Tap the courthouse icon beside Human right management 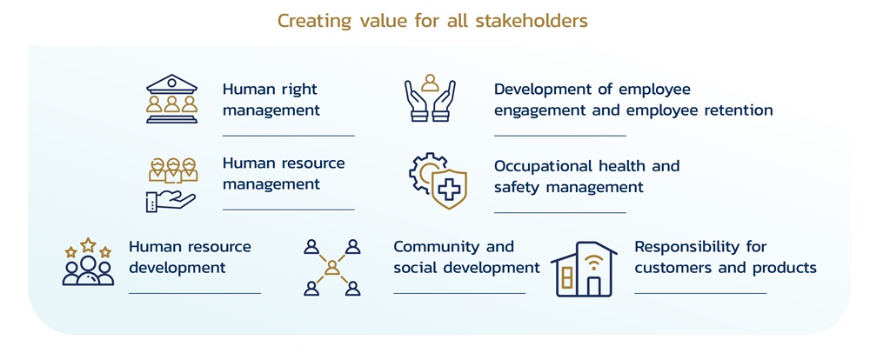click(171, 100)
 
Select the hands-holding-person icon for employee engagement click(430, 99)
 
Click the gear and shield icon click(438, 181)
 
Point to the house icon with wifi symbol click(584, 270)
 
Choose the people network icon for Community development click(331, 268)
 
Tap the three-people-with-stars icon click(88, 263)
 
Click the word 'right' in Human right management click(298, 89)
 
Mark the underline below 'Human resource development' click(194, 294)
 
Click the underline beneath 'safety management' click(559, 212)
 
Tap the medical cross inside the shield click(450, 189)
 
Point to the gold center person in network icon click(331, 268)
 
